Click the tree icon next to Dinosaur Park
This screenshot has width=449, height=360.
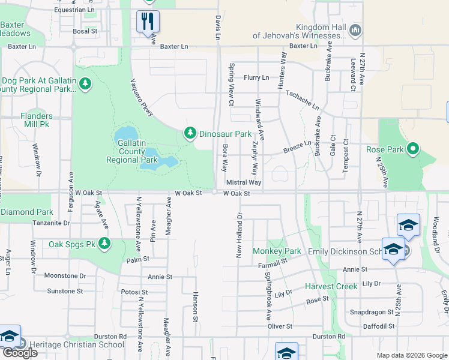190,133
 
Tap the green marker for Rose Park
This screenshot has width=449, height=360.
413,148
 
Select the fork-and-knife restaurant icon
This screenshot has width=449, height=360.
146,21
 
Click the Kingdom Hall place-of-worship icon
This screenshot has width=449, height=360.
355,29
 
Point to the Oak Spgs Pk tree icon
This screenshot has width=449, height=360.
105,243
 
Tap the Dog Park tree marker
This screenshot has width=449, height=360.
85,83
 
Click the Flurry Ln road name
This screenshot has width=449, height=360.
256,78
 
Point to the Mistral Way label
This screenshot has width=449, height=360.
243,182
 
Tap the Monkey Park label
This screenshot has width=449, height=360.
276,250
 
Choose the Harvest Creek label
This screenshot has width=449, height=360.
331,286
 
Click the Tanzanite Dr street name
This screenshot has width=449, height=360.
52,223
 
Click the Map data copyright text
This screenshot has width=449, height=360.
411,355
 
